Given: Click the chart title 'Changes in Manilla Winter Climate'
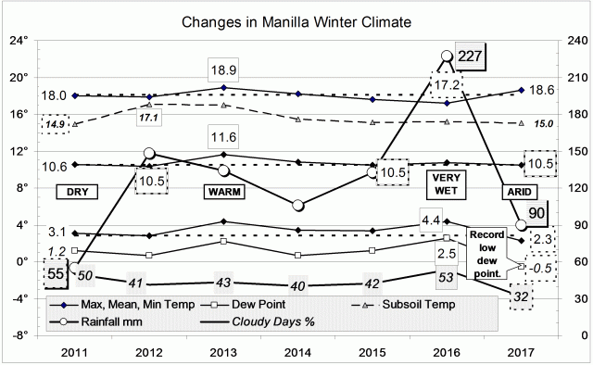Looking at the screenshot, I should (296, 19).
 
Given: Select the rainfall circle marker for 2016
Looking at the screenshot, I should (447, 57).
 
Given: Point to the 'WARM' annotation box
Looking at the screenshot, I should (224, 192).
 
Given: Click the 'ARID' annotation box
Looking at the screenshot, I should (516, 192).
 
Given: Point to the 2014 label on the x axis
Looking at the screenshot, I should (296, 353).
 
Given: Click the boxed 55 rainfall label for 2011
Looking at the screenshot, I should (55, 273).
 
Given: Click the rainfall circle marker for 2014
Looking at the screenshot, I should (297, 205).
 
